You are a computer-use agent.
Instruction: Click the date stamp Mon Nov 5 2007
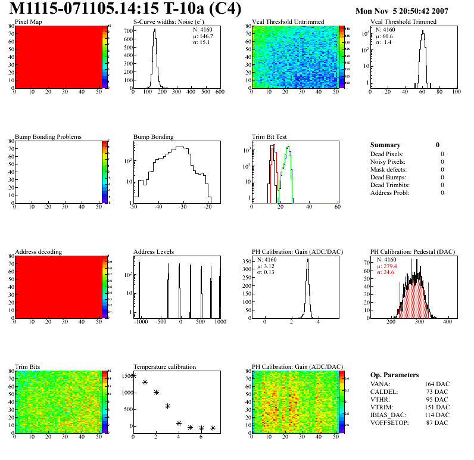410,11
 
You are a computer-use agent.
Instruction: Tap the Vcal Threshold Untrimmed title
288,22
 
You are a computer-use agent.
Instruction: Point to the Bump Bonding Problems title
48,137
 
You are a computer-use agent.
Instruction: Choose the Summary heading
385,145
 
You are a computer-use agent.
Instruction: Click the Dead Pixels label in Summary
387,154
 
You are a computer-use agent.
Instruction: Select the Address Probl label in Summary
389,193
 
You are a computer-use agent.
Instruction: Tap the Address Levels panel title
154,252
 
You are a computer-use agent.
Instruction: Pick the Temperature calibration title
164,367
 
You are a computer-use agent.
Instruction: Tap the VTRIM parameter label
382,407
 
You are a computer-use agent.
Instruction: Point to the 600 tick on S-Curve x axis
219,92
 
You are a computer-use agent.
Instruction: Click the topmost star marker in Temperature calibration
133,375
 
